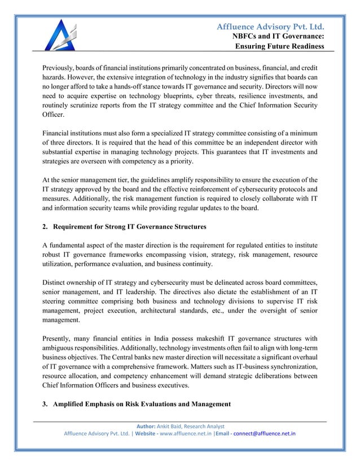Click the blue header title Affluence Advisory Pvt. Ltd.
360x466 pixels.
pos(272,27)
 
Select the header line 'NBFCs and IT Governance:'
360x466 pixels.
pos(279,37)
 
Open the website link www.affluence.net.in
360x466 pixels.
pos(179,434)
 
